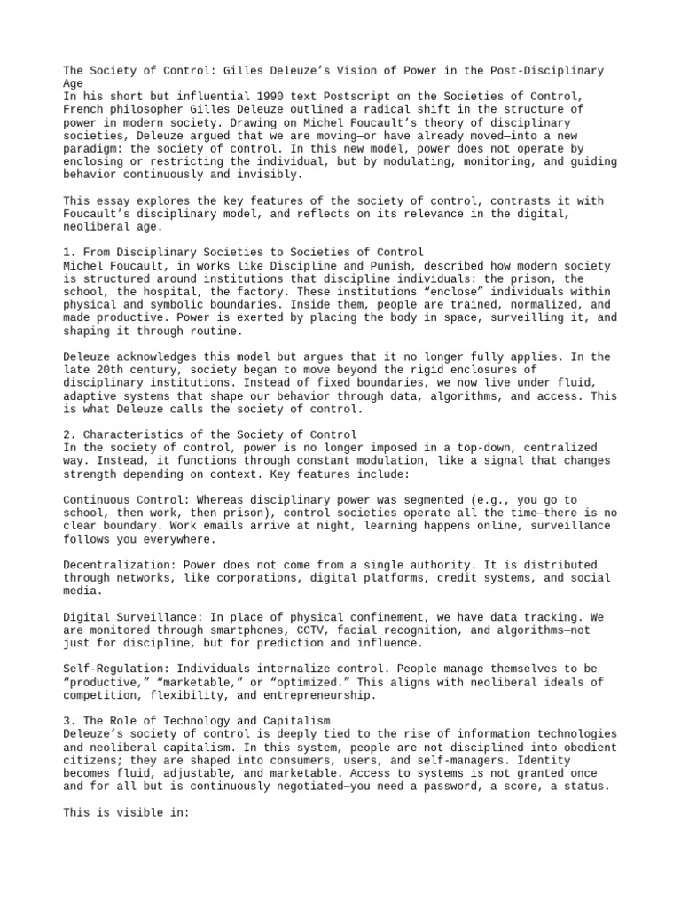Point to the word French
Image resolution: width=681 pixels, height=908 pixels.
click(x=85, y=109)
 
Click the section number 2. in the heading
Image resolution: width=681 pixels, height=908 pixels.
click(x=70, y=434)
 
